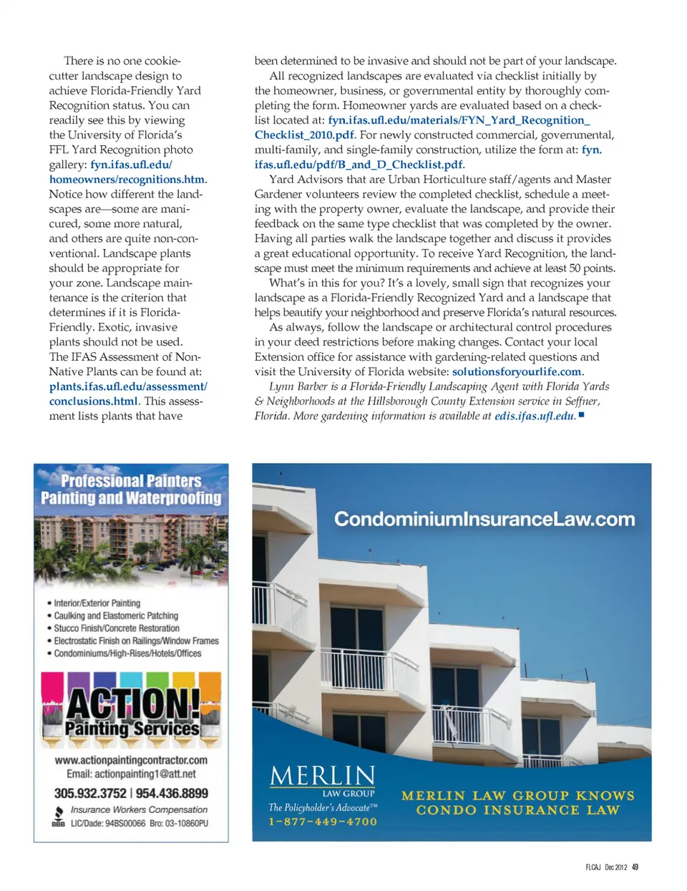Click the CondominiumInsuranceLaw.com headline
click(x=484, y=519)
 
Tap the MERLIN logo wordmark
click(x=323, y=776)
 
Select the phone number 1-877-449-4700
click(x=323, y=822)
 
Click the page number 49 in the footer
click(x=635, y=867)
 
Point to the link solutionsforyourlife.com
click(x=517, y=371)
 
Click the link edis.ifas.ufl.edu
click(x=535, y=416)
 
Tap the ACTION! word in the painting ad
click(x=133, y=703)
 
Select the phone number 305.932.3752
click(x=90, y=793)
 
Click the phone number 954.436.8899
click(x=172, y=793)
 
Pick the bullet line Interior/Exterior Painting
click(x=97, y=603)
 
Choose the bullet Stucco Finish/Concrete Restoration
click(x=117, y=628)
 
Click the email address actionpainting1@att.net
click(x=131, y=774)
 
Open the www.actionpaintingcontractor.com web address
click(x=131, y=760)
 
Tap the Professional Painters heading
click(x=131, y=481)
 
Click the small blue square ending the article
click(x=582, y=414)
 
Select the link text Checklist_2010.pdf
click(x=304, y=135)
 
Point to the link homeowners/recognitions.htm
click(x=127, y=179)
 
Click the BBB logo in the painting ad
click(x=58, y=817)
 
